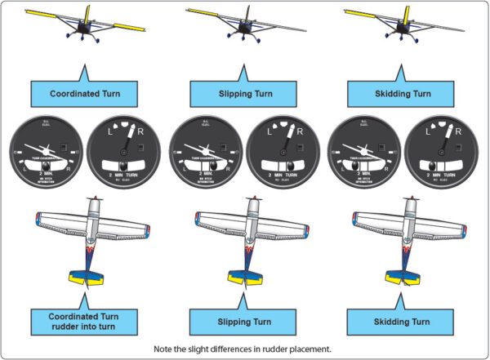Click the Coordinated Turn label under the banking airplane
[x=84, y=93]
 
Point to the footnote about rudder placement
[x=245, y=349]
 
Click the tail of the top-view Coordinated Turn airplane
[x=89, y=274]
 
